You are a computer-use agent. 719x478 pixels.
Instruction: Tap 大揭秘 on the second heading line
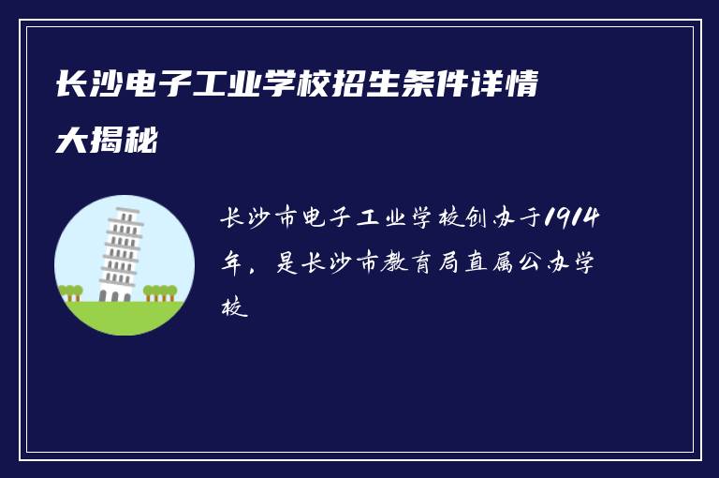click(x=107, y=142)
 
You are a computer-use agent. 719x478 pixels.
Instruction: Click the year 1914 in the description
click(x=573, y=219)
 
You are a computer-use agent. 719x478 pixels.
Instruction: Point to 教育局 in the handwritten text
click(x=422, y=263)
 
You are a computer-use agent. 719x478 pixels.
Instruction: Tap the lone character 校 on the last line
click(x=234, y=306)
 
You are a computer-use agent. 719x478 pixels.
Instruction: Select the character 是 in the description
click(x=286, y=263)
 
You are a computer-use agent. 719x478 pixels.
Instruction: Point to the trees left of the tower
click(x=70, y=292)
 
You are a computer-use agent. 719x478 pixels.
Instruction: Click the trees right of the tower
click(x=160, y=292)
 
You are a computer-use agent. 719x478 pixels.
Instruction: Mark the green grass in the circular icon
click(x=124, y=317)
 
